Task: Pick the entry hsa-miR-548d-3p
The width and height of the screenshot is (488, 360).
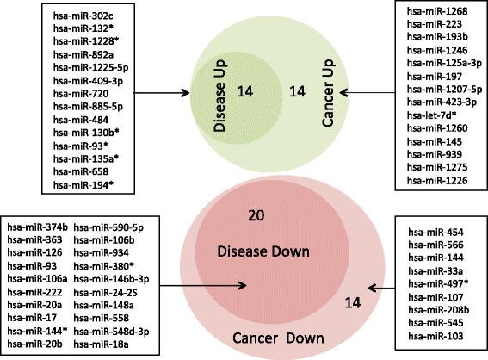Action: coord(108,331)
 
